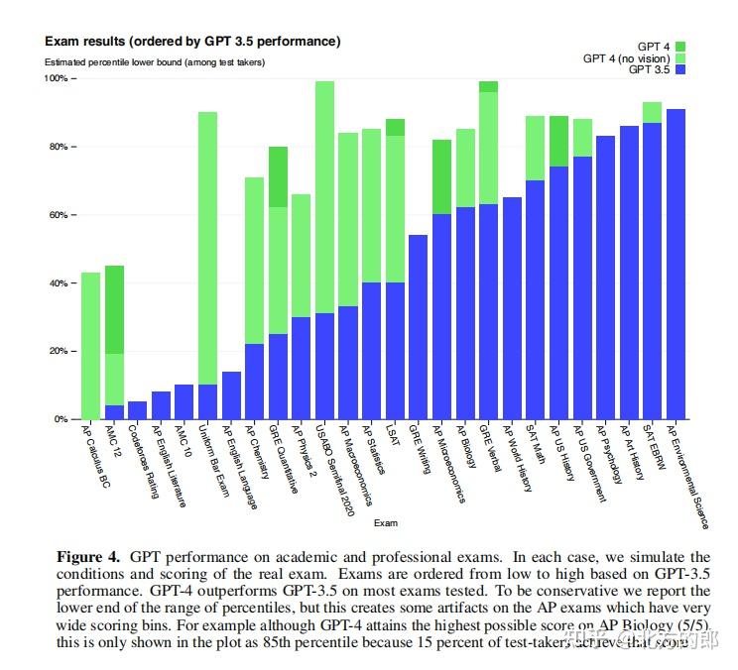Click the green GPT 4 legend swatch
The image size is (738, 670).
[680, 47]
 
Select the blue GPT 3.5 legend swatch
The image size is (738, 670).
[680, 69]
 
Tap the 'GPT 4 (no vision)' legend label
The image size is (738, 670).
[626, 58]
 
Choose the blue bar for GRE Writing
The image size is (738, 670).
[418, 327]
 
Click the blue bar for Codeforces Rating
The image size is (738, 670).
[137, 410]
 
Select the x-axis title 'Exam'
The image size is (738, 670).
[386, 522]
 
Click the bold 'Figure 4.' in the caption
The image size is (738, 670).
[88, 557]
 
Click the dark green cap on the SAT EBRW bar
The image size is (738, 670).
[652, 112]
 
